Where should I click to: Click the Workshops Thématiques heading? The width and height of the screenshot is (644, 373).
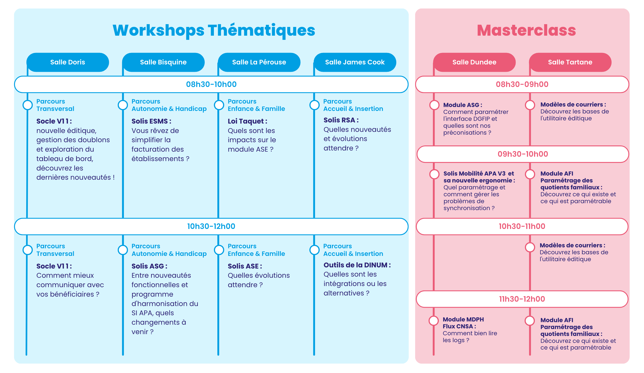[x=214, y=30]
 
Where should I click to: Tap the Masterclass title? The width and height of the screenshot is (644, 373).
[x=526, y=30]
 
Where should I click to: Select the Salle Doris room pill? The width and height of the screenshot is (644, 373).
[x=68, y=62]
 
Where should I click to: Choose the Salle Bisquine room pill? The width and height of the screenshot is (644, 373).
[x=163, y=62]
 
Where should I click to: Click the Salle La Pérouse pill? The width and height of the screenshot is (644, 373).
[x=259, y=62]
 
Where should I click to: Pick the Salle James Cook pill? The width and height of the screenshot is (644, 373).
[x=355, y=62]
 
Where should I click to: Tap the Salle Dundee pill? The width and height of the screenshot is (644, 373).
[x=474, y=62]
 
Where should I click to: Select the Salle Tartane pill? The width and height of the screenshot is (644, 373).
[x=570, y=62]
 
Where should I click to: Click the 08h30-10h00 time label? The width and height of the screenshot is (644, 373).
[x=211, y=84]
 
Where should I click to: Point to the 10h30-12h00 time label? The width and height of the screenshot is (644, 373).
[x=211, y=226]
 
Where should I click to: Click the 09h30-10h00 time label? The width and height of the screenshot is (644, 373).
[x=523, y=154]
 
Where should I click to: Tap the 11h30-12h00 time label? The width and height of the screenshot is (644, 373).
[x=522, y=299]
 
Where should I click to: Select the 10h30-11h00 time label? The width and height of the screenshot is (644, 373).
[x=522, y=226]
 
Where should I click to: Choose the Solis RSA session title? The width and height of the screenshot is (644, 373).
[x=341, y=120]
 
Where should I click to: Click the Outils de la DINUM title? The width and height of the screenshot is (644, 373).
[x=357, y=265]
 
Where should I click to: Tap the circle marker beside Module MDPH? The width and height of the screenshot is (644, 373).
[x=434, y=321]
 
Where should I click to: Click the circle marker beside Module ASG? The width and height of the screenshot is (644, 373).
[x=434, y=105]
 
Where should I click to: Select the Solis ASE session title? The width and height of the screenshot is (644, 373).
[x=245, y=266]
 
